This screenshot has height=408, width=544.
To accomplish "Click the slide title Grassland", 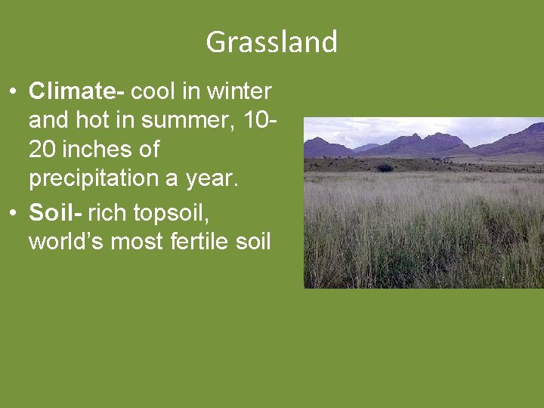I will pos(271,42).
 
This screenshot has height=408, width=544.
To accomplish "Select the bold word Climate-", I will pos(76,92).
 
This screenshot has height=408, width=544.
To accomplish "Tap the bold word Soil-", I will pos(55,214).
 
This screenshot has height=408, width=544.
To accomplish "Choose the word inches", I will pos(95,150).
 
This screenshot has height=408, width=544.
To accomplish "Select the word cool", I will pos(154,92).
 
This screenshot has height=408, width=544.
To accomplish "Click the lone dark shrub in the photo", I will pos(385,167).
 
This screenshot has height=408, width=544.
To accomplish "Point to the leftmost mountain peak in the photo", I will pos(318,139).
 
